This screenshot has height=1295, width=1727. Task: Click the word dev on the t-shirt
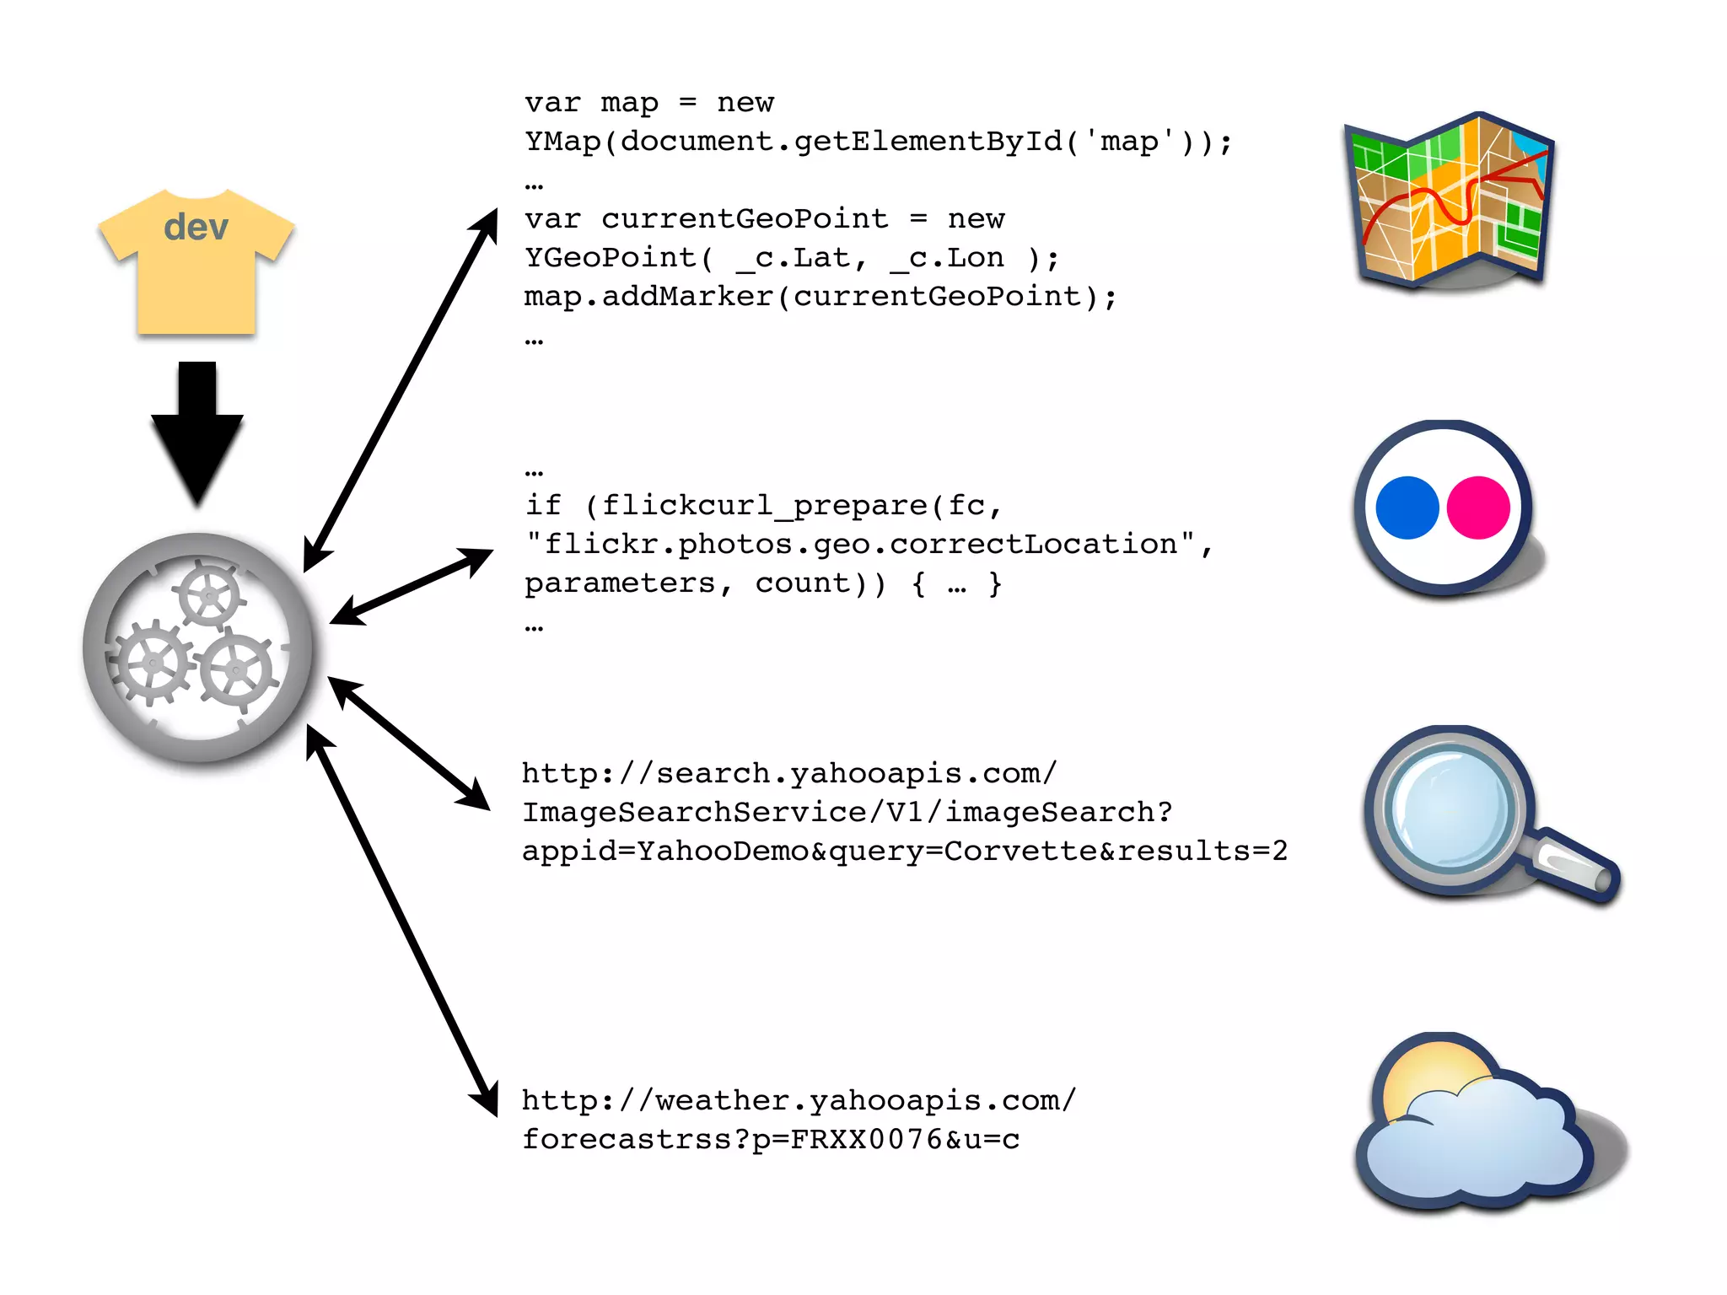[x=196, y=228]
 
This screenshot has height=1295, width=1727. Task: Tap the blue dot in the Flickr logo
[x=1407, y=508]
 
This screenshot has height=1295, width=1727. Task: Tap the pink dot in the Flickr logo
[x=1478, y=508]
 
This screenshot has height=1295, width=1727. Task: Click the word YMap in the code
[x=562, y=142]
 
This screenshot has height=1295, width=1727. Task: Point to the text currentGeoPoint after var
[x=745, y=219]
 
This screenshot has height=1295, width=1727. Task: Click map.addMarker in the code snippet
[x=648, y=297]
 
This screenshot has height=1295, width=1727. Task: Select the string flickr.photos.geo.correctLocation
[x=860, y=545]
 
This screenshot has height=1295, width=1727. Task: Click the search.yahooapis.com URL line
[x=788, y=773]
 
